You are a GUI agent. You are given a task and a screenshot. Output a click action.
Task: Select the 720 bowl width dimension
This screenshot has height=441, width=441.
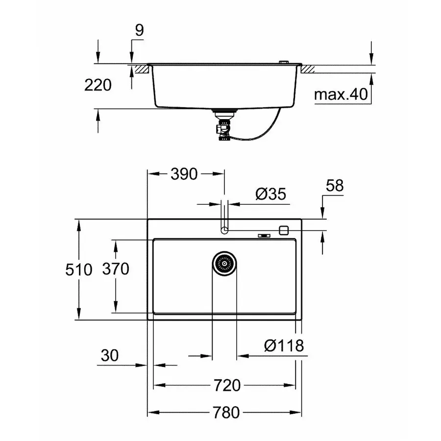coord(226,385)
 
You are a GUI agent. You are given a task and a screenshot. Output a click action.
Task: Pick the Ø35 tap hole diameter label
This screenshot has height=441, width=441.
coord(270,195)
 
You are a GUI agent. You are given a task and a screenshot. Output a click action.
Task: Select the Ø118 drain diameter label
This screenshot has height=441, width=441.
coord(284,345)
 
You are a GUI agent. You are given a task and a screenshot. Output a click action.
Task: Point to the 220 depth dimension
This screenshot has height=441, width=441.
coord(98,85)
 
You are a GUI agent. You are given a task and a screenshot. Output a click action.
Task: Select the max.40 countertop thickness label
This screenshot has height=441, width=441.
coord(341,95)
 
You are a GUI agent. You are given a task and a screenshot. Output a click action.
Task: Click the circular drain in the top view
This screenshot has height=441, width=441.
coord(224,264)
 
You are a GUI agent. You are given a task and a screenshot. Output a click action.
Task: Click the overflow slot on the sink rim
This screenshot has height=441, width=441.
coord(264,235)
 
